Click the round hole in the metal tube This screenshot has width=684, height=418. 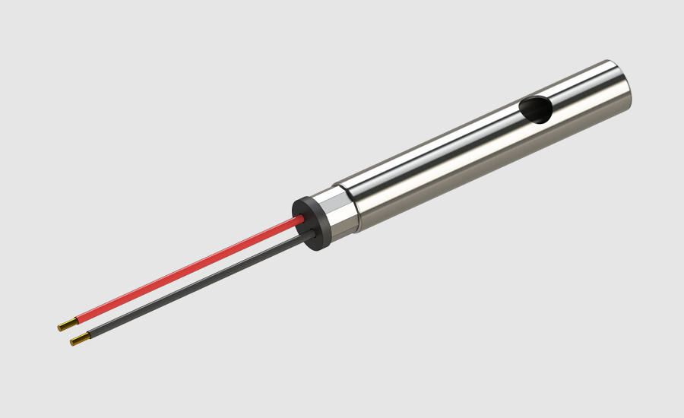point(537,110)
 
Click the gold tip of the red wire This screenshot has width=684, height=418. point(66,325)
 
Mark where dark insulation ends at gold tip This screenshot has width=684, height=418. point(88,335)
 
